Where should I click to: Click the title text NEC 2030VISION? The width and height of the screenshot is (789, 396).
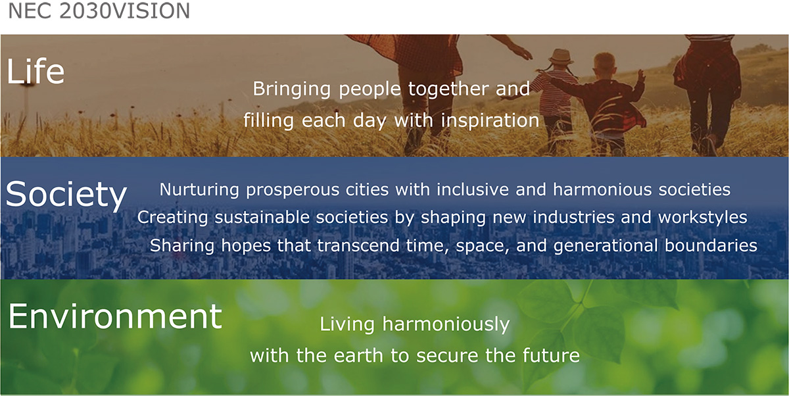(x=99, y=11)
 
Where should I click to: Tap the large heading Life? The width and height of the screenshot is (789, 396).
(x=36, y=71)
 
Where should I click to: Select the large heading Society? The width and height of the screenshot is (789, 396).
(x=66, y=195)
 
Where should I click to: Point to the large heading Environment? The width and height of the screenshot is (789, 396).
(x=115, y=316)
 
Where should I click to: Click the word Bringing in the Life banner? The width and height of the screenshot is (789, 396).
(x=292, y=89)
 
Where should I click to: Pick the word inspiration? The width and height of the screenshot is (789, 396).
(x=490, y=121)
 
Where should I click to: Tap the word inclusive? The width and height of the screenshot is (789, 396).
(x=473, y=189)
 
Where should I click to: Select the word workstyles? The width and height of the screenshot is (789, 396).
(x=703, y=217)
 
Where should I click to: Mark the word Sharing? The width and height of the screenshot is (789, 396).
(x=182, y=246)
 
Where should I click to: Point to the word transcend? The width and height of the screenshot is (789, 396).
(x=358, y=245)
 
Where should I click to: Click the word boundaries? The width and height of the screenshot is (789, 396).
(x=711, y=245)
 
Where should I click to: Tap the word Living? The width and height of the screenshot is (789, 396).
(x=347, y=325)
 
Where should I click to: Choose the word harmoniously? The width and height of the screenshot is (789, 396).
(x=446, y=325)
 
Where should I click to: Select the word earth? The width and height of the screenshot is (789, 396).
(x=358, y=355)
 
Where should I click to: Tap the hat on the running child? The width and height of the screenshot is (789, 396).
(x=561, y=56)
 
